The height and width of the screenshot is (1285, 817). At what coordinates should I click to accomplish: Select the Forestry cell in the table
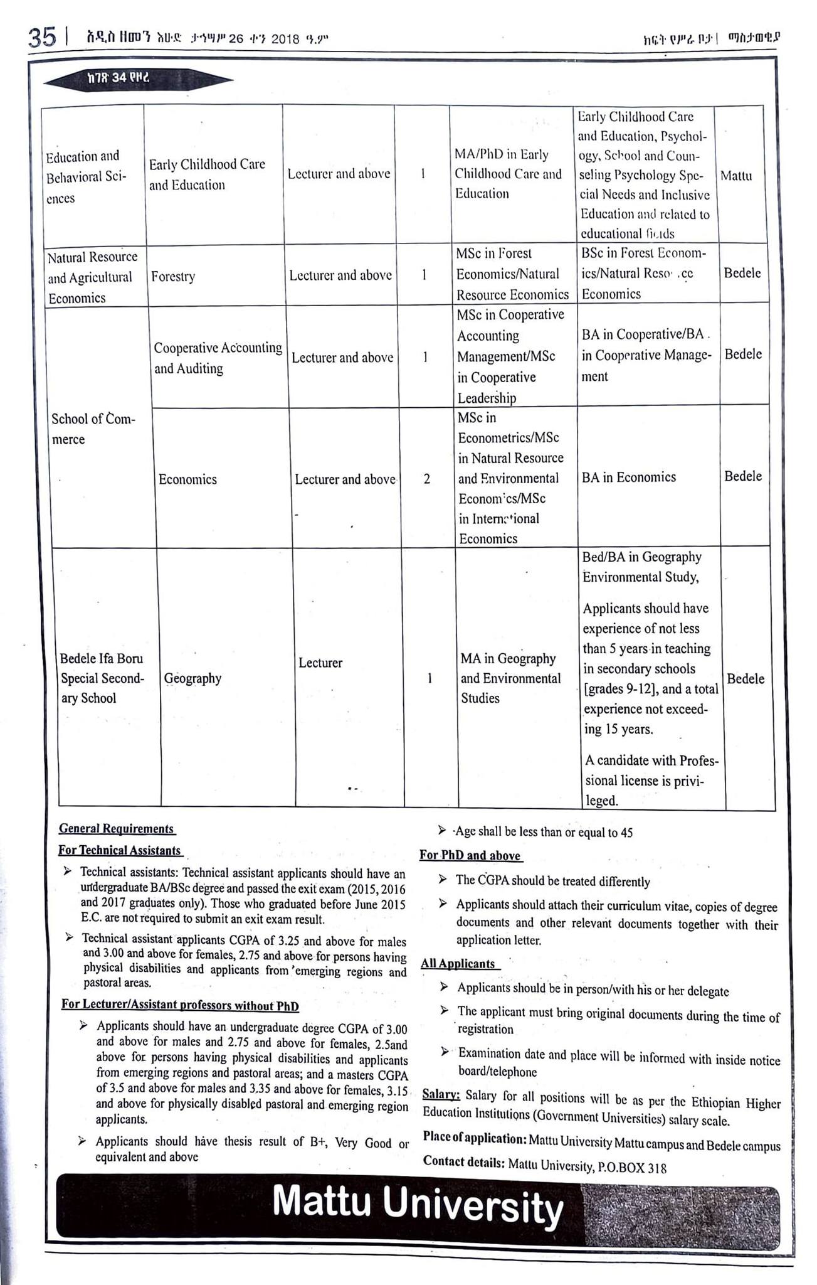tap(173, 277)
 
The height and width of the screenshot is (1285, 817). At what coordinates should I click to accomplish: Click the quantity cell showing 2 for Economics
tap(427, 479)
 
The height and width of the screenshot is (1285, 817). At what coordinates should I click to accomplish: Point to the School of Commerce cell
tap(93, 429)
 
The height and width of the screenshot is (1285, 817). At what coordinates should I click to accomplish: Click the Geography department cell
tap(192, 678)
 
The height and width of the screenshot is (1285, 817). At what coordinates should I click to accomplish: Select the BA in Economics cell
tap(629, 477)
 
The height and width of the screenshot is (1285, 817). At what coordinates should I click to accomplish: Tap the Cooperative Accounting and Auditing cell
tap(218, 358)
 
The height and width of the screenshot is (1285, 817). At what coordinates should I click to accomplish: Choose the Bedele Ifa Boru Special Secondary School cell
tap(102, 678)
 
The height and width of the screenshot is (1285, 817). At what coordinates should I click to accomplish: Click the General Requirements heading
tap(117, 828)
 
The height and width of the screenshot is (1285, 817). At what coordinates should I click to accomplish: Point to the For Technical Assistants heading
tap(120, 850)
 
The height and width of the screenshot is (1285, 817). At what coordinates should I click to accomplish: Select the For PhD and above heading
tap(470, 855)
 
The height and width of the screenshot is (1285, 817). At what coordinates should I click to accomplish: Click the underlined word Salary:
tap(441, 1095)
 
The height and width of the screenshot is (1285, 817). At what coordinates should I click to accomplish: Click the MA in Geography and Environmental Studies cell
tap(510, 678)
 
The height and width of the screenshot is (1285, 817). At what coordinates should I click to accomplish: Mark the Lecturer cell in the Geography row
tap(320, 663)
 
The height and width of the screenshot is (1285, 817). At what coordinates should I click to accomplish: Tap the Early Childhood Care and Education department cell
tap(207, 174)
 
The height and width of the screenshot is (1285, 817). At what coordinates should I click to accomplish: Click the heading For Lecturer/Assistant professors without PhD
tap(180, 1005)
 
